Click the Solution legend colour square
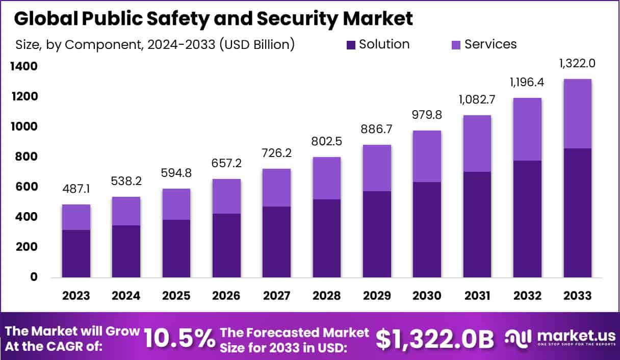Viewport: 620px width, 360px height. pos(351,45)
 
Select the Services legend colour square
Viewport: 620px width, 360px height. pos(456,45)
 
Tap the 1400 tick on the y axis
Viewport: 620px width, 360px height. pos(23,66)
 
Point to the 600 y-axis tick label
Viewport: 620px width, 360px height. pos(23,187)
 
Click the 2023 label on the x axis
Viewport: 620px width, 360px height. pos(76,296)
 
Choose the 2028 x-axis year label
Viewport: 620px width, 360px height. pos(327,296)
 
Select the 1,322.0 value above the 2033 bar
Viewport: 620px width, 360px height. pos(578,64)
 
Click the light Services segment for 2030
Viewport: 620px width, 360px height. pos(427,156)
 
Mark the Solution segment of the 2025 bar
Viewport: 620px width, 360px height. pos(176,248)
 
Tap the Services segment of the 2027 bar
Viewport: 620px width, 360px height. pos(276,187)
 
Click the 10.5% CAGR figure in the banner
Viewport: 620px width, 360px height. pos(179,338)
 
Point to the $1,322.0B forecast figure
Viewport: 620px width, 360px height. pos(434,338)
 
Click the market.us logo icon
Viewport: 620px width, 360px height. pos(518,338)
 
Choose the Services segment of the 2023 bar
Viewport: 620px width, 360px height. pos(76,217)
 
